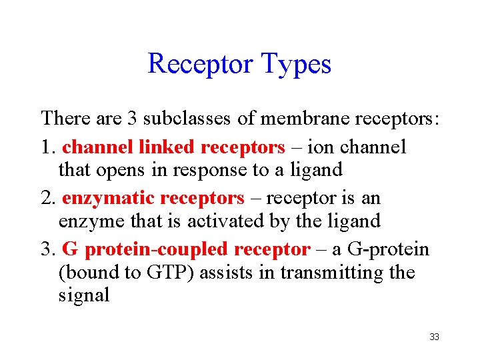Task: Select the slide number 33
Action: pos(434,337)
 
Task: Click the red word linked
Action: pos(167,147)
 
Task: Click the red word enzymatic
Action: pos(109,198)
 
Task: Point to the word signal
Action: pos(84,295)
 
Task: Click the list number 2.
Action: pos(47,198)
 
